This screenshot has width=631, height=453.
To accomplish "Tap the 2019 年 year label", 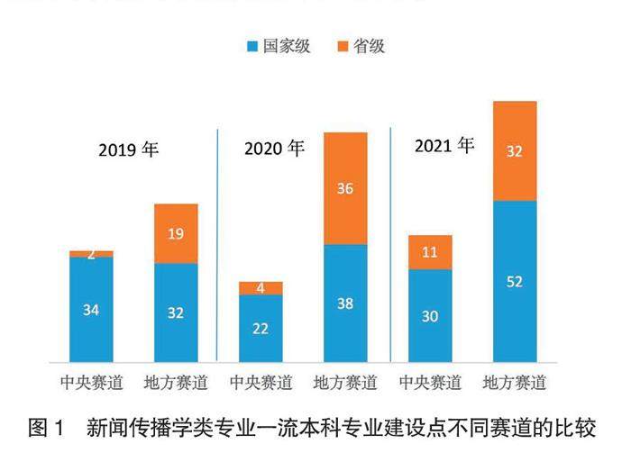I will coord(129,149).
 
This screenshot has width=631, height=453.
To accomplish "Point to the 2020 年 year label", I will coord(275,148).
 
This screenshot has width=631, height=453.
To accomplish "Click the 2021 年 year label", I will coord(444,145).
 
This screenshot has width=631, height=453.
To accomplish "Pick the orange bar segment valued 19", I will coord(176,234).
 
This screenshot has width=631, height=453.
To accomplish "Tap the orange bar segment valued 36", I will coord(345,189).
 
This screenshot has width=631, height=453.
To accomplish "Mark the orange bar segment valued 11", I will coord(430,253).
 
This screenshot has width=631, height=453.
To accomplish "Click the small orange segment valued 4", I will coord(261,288).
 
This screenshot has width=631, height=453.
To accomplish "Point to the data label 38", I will coord(345,304).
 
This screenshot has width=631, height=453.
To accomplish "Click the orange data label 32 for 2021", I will coord(515,151).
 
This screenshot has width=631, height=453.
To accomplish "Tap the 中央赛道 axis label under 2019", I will coord(91,382).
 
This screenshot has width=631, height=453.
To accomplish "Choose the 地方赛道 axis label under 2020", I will coord(345,382).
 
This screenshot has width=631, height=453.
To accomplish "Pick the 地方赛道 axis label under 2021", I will coord(515,382).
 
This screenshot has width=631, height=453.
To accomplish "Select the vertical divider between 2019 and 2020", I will coord(218,243).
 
